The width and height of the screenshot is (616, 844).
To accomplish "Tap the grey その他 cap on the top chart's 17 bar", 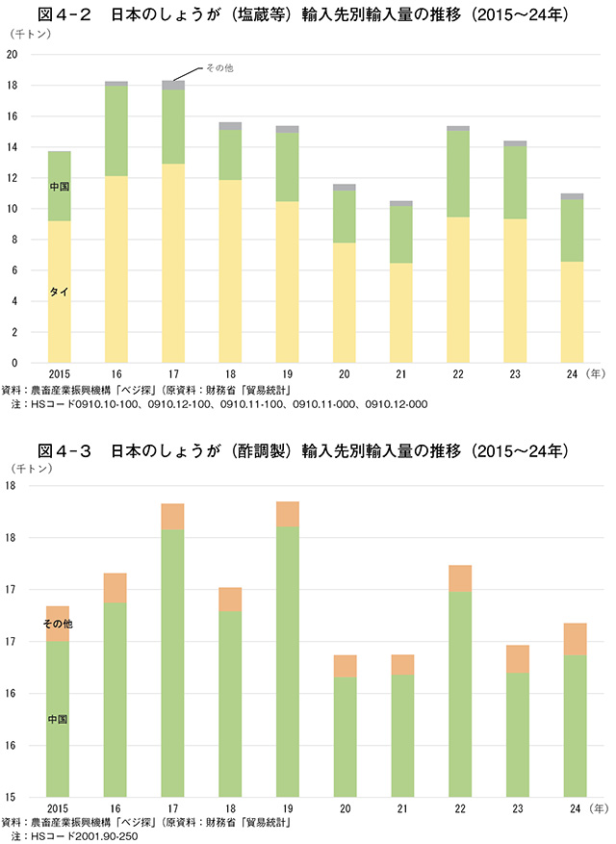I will point(173,86).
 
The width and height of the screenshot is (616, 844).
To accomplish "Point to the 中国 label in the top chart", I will point(60,186).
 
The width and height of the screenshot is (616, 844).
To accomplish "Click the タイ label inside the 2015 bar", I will point(60,291).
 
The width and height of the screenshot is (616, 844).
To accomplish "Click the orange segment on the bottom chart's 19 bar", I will point(287,514).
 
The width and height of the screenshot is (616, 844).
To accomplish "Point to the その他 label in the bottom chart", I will point(58,625).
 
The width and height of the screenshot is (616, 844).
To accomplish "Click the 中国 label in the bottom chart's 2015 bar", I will point(58,719).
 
